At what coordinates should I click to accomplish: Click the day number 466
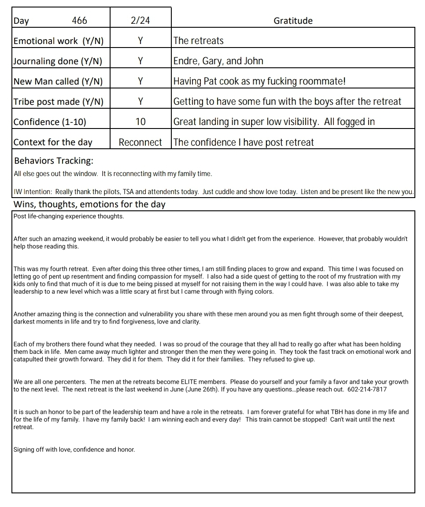coord(79,21)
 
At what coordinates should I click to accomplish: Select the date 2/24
coord(140,21)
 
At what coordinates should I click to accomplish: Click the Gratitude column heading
coord(293,21)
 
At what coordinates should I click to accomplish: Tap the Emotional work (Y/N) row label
coord(59,41)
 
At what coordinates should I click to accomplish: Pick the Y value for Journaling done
coord(140,61)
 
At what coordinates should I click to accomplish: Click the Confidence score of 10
coord(140,122)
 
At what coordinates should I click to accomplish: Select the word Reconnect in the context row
coord(140,142)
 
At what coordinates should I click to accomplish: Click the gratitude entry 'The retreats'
coord(198,41)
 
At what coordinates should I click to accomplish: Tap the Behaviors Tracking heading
coord(53,161)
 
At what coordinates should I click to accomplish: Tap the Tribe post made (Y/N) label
coord(59,102)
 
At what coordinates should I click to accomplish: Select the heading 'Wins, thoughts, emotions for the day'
coord(89,204)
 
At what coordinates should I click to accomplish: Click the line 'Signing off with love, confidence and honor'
coord(74,449)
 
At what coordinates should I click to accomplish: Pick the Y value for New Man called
coord(140,81)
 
